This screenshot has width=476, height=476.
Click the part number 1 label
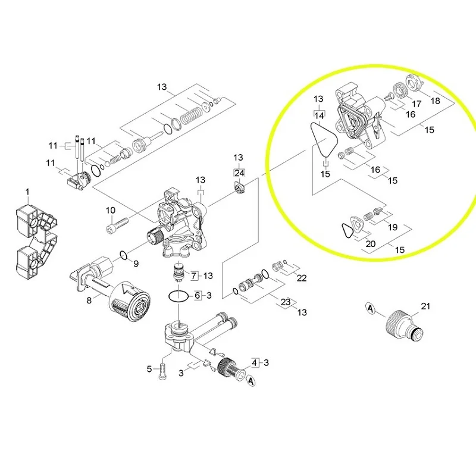[x=27, y=192]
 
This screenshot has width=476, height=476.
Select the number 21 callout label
[x=425, y=306]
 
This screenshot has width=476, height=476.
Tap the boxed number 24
[x=239, y=173]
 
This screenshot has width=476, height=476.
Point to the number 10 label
[x=110, y=210]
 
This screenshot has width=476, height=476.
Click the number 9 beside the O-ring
[x=136, y=264]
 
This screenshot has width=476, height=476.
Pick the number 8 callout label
[x=90, y=300]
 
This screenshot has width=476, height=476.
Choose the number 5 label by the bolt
[x=150, y=369]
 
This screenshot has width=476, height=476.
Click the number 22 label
[x=302, y=278]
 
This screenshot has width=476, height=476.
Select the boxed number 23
[x=286, y=302]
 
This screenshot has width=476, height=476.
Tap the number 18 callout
[x=436, y=101]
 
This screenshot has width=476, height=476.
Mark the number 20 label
[x=370, y=244]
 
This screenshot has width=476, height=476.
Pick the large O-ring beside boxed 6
[x=179, y=296]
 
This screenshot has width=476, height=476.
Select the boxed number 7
[x=193, y=275]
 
